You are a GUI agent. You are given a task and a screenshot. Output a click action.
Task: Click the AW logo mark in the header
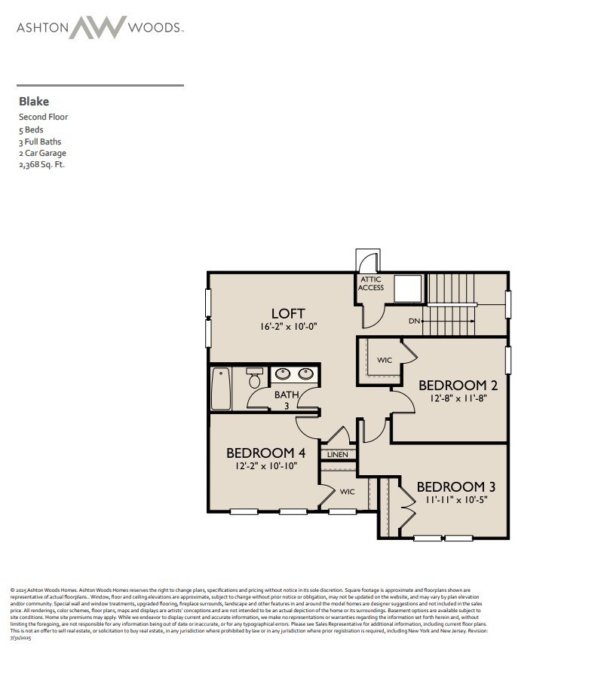[98, 28]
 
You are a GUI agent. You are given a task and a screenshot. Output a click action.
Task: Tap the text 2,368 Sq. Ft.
[41, 165]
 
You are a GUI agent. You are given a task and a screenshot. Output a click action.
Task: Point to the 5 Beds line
[31, 130]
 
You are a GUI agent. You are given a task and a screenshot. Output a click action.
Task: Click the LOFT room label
[288, 313]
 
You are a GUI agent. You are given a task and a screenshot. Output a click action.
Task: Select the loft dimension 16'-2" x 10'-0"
[288, 328]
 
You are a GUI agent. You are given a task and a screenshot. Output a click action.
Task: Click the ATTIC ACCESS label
[371, 284]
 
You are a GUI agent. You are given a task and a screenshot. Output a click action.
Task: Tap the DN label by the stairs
[414, 321]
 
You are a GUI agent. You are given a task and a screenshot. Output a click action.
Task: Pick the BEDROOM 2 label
[458, 386]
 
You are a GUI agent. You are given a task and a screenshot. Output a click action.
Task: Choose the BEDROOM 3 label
[455, 486]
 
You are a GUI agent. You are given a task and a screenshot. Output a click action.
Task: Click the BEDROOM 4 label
[265, 453]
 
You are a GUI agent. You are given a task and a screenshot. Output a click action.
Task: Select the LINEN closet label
[337, 455]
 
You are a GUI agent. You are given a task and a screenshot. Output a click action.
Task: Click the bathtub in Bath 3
[221, 389]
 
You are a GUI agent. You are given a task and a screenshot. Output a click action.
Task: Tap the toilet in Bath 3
[255, 380]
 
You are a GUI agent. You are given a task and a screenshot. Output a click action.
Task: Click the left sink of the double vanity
[281, 373]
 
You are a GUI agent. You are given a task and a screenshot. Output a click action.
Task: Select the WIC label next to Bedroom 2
[385, 360]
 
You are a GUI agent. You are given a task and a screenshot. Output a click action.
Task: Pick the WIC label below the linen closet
[347, 492]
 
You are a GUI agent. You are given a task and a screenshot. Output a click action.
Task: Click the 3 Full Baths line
[40, 142]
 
